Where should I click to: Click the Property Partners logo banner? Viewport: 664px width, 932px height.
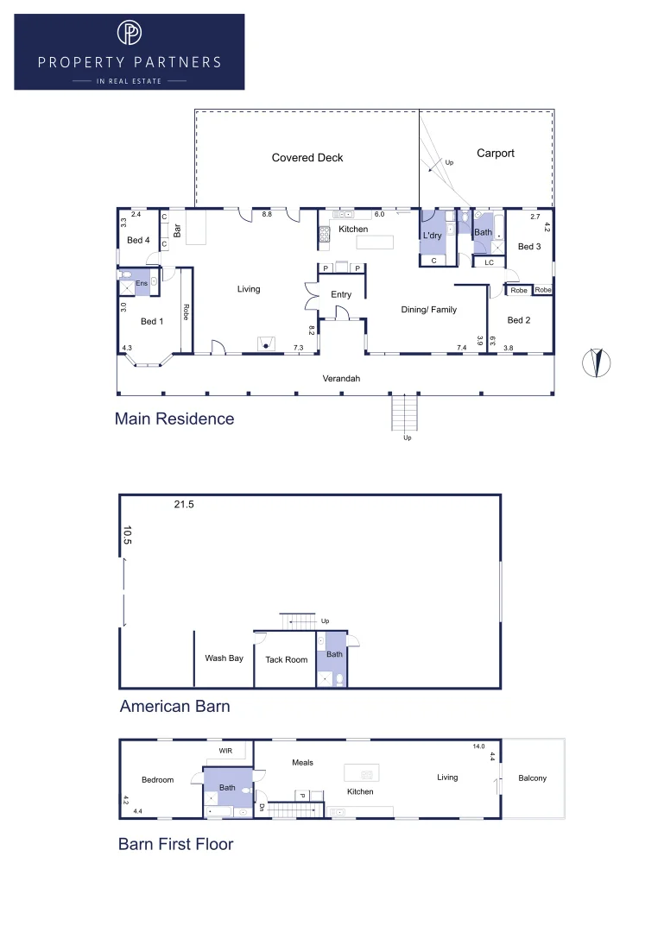130,52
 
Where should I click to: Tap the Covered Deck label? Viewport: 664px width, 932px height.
307,158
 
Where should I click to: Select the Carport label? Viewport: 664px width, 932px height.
495,154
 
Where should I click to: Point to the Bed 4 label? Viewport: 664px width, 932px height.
138,241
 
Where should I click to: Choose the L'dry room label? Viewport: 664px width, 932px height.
432,236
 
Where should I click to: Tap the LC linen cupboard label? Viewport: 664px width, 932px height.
489,262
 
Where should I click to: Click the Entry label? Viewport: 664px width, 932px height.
341,295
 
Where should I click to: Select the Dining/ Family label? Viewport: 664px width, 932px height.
428,310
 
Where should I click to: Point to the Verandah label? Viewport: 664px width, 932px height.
340,379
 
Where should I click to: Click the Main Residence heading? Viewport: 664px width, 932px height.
174,419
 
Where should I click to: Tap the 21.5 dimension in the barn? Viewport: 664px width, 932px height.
184,505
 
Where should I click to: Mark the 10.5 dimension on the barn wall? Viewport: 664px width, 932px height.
127,536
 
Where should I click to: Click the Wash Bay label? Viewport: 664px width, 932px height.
224,658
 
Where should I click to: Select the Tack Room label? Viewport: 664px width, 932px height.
286,660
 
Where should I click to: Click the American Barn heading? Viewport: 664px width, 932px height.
174,707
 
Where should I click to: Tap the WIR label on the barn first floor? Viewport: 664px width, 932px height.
225,751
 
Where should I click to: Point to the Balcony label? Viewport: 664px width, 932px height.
532,778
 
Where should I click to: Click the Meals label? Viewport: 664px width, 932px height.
302,763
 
